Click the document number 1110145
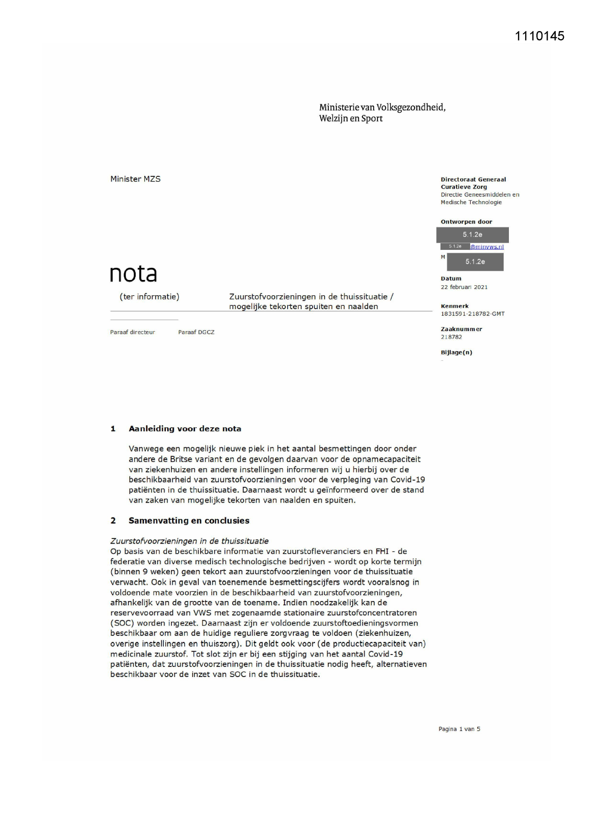coord(539,36)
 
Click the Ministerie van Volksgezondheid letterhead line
coord(382,107)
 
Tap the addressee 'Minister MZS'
coord(135,179)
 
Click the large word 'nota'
coord(133,273)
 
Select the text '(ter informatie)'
coord(149,297)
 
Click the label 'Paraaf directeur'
coord(132,332)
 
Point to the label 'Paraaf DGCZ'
coord(196,332)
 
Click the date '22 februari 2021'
coord(464,287)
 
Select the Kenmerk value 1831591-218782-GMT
coord(472,314)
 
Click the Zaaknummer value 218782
coord(451,337)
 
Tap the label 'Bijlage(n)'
coord(456,353)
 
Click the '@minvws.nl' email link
coord(486,247)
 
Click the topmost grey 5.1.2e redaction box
coord(472,235)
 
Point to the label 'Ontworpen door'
coord(466,222)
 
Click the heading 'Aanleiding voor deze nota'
coord(184,429)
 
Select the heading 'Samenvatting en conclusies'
coord(188,520)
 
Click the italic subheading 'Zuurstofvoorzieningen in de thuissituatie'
coord(189,541)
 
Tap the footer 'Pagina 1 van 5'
coord(459,729)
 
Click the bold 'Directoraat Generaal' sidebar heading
coord(473,180)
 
